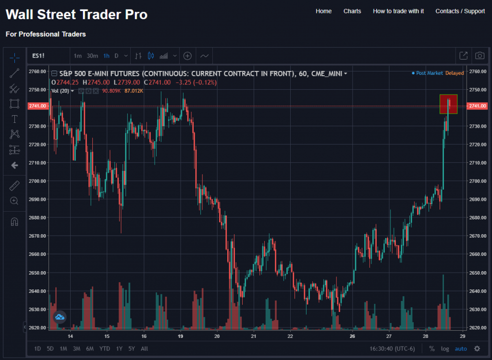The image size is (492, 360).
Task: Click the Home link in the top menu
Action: coord(323,11)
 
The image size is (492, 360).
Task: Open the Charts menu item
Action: coord(352,11)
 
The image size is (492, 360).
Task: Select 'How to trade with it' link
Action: coord(398,11)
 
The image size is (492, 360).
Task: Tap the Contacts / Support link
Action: coord(460,11)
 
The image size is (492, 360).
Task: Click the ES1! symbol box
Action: coord(38,56)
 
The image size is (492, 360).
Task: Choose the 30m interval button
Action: coord(92,56)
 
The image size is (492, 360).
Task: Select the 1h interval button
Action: coord(106,56)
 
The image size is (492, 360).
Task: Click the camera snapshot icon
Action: coord(480,56)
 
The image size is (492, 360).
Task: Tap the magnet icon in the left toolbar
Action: coord(14,222)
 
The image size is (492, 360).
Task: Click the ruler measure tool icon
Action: coord(14,185)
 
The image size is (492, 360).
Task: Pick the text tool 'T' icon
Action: coord(14,119)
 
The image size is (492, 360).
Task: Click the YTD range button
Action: coord(104,348)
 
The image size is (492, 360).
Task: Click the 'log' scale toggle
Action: coord(445,348)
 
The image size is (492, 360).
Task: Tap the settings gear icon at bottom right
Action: coord(477,348)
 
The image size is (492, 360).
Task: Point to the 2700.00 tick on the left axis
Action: coord(37,181)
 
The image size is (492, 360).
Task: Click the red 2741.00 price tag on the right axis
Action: coord(478,106)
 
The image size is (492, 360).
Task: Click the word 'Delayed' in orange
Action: coord(455,73)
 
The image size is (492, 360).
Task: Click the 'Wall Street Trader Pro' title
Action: coord(76,14)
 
